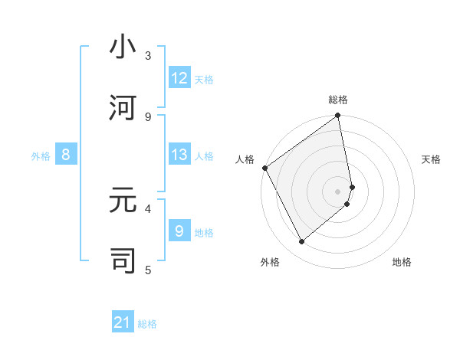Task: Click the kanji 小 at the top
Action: (x=123, y=48)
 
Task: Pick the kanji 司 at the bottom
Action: (x=123, y=260)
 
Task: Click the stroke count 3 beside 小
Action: (x=148, y=56)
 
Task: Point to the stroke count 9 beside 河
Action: (x=148, y=116)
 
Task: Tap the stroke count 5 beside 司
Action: (x=148, y=269)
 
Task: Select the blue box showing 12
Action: (x=179, y=78)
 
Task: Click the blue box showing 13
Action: (x=179, y=155)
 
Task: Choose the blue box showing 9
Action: (x=179, y=231)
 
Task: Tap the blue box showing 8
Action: (x=66, y=155)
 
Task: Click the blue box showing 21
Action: (x=123, y=323)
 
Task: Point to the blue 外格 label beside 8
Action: (x=41, y=156)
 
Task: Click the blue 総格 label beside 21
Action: (x=147, y=324)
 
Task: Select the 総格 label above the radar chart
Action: (x=338, y=100)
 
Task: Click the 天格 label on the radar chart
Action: (x=432, y=159)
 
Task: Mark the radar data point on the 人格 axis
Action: (x=264, y=168)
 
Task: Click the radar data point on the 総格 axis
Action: (x=338, y=116)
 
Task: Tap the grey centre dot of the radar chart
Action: (x=338, y=191)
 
